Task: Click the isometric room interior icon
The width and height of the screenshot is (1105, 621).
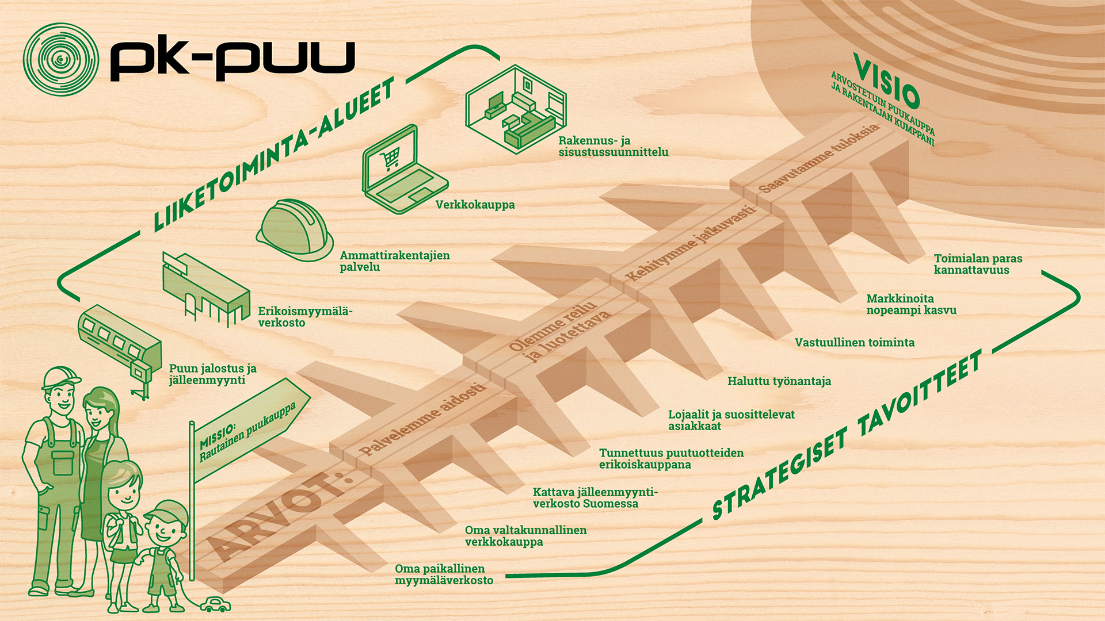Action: coord(515,109)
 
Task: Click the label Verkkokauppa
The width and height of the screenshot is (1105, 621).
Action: coord(475,205)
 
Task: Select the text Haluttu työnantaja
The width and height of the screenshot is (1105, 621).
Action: coord(779,381)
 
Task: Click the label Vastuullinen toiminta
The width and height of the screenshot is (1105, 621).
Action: coord(854,343)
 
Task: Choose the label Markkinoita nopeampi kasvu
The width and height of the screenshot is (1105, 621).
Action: coord(911,305)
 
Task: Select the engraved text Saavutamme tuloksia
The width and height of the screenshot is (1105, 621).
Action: coord(818,158)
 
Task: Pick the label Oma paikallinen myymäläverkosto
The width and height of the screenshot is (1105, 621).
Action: coord(444,574)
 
